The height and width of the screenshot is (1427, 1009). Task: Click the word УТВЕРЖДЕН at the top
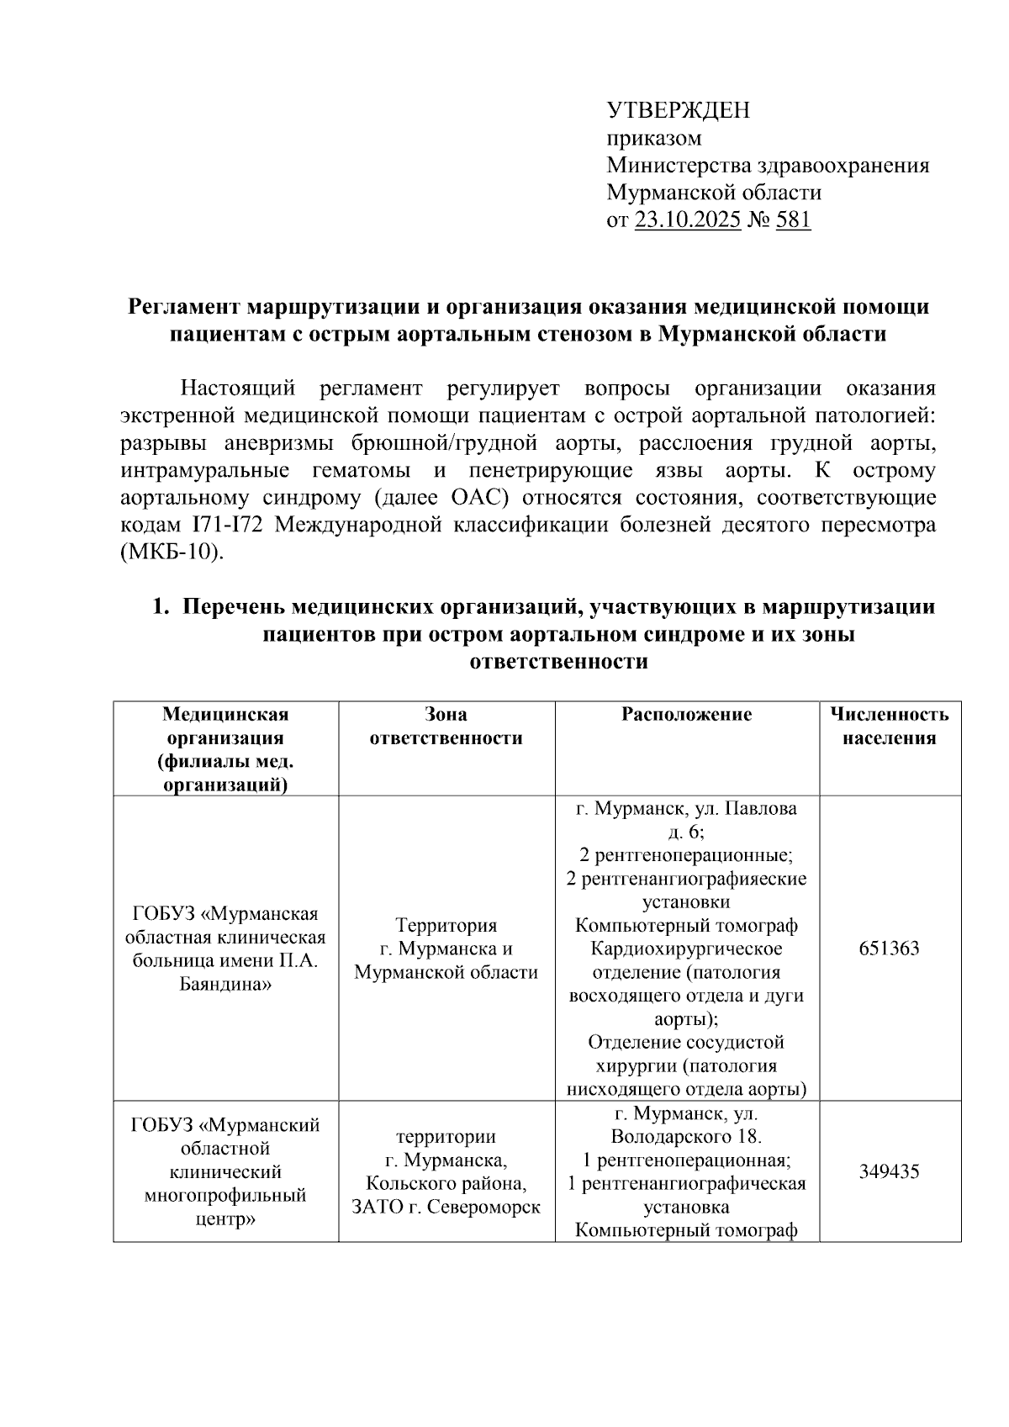point(678,110)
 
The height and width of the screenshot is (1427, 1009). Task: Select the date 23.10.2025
point(687,220)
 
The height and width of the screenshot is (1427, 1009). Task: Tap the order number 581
point(793,220)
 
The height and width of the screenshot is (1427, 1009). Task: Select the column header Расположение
point(686,715)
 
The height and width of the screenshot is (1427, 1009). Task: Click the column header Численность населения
point(889,727)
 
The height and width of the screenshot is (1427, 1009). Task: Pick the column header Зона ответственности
point(446,727)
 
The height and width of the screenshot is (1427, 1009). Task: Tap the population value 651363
point(889,949)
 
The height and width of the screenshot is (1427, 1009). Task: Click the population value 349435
point(889,1171)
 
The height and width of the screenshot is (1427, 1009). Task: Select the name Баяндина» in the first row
point(225,984)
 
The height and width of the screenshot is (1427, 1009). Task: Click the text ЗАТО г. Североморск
point(446,1208)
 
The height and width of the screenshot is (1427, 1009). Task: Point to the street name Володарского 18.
point(686,1137)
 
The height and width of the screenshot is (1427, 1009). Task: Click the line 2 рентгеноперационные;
point(686,855)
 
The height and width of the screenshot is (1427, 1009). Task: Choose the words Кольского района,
point(446,1184)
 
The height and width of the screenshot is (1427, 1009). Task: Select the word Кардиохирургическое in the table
point(686,949)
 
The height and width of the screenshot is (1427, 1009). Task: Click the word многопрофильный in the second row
point(225,1195)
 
